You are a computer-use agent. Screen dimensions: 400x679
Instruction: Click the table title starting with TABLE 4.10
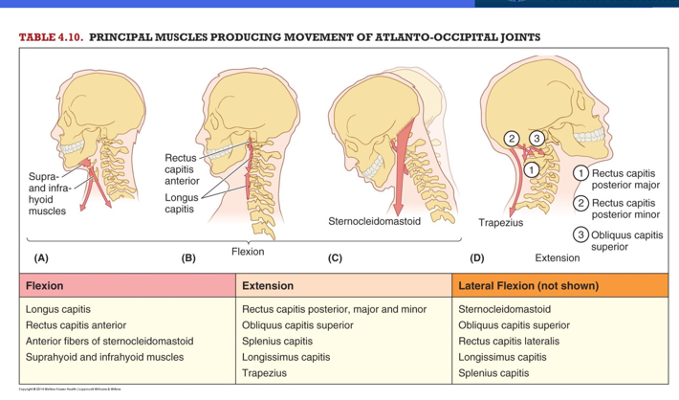(x=279, y=37)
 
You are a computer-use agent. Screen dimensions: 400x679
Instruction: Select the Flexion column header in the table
(x=45, y=285)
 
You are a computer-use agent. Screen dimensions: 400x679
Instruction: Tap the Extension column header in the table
(x=268, y=285)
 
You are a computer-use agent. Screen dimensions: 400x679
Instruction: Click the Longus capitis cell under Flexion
(x=58, y=309)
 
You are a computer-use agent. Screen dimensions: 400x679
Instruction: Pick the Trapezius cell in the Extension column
(x=265, y=373)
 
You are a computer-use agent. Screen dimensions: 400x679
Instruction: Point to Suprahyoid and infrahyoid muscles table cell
(x=104, y=357)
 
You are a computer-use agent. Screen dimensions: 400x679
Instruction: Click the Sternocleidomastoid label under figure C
(x=374, y=221)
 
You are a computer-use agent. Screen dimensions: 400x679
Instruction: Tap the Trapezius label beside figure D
(x=501, y=223)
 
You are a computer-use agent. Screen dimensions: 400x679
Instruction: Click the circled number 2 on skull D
(x=513, y=140)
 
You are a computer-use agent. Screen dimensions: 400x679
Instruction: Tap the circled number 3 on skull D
(x=537, y=140)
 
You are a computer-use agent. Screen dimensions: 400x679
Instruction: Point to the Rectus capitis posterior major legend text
(x=625, y=179)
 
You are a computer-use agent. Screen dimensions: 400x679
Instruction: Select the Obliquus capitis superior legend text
(x=627, y=240)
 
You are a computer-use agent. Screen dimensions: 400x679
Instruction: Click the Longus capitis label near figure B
(x=181, y=203)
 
